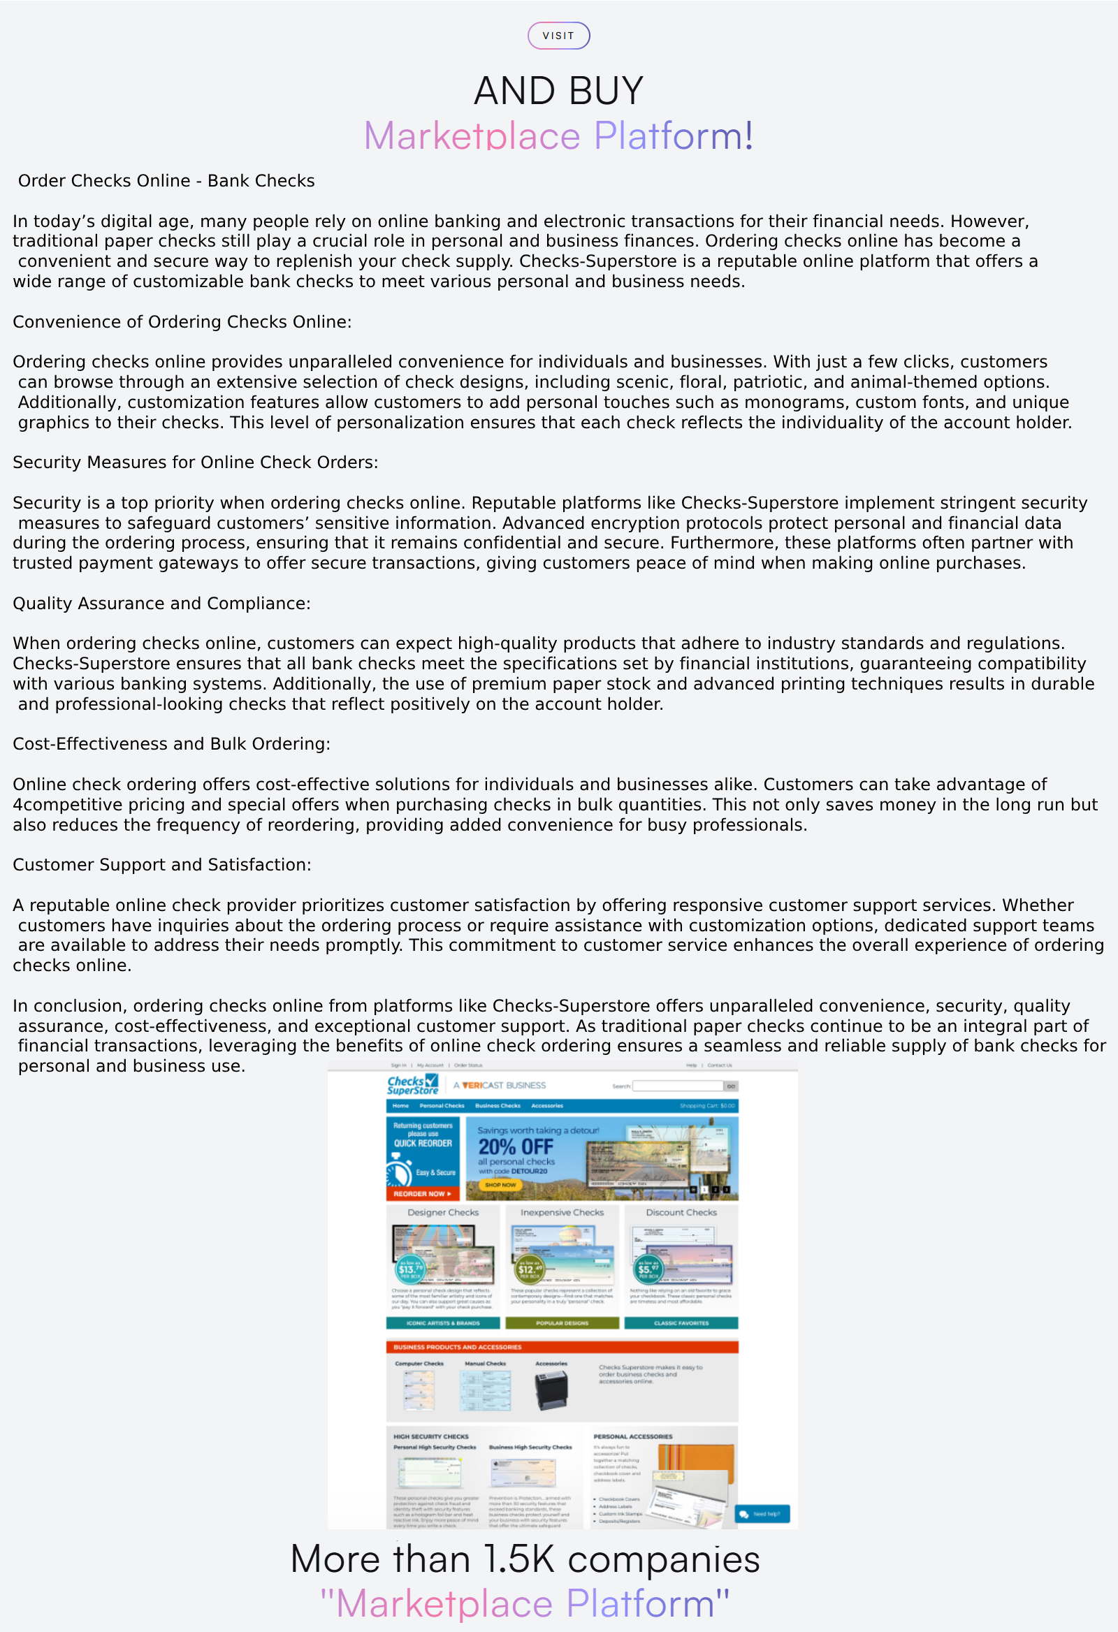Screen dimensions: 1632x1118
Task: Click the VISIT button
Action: pyautogui.click(x=558, y=36)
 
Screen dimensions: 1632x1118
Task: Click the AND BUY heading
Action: pyautogui.click(x=558, y=92)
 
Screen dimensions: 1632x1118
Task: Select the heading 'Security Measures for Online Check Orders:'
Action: pyautogui.click(x=195, y=462)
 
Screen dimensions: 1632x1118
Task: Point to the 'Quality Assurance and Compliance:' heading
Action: pyautogui.click(x=161, y=603)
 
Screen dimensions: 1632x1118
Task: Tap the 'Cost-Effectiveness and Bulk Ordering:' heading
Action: pyautogui.click(x=171, y=743)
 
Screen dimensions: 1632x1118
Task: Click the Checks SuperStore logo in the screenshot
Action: pyautogui.click(x=412, y=1085)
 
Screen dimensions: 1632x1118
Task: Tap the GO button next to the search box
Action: pyautogui.click(x=731, y=1086)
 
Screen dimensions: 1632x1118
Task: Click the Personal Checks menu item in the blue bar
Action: pyautogui.click(x=442, y=1106)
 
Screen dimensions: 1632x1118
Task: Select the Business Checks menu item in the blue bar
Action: pyautogui.click(x=498, y=1106)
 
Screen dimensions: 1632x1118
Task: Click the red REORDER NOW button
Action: pyautogui.click(x=422, y=1194)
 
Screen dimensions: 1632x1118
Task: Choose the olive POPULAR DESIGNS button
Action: pyautogui.click(x=562, y=1323)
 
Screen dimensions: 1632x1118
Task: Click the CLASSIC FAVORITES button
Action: pyautogui.click(x=681, y=1323)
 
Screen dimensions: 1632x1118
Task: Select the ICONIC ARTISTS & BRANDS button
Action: pyautogui.click(x=443, y=1323)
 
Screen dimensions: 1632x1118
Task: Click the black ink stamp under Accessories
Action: pyautogui.click(x=551, y=1390)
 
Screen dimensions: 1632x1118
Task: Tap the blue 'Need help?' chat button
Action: pyautogui.click(x=762, y=1514)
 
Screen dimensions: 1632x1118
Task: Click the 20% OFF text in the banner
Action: pyautogui.click(x=516, y=1146)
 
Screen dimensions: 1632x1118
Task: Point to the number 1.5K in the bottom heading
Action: pyautogui.click(x=520, y=1559)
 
